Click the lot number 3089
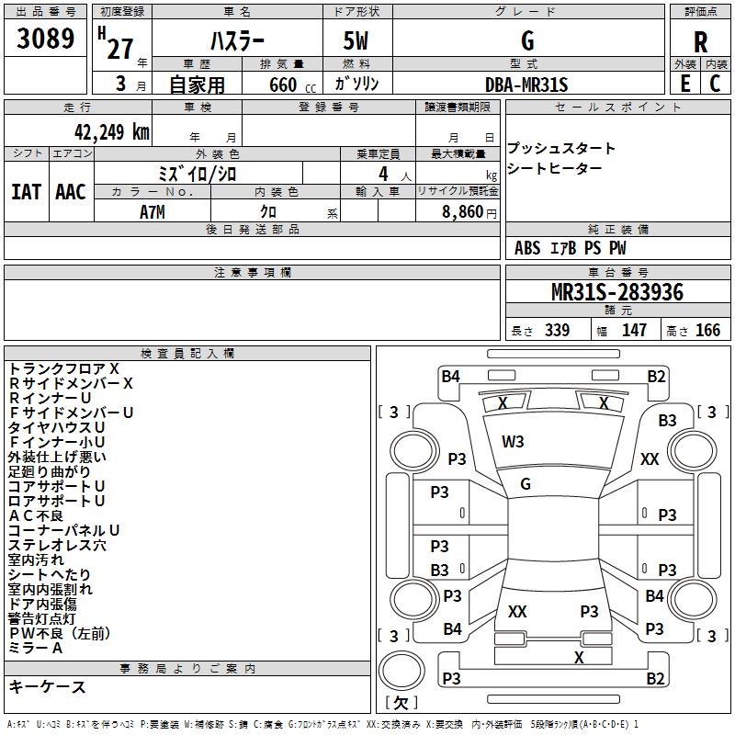click(46, 40)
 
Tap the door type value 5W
click(357, 41)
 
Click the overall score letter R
click(700, 42)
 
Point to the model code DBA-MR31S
click(526, 85)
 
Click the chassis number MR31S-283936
click(617, 292)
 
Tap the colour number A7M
click(153, 211)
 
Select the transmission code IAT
click(27, 192)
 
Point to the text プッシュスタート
click(561, 149)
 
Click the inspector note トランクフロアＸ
click(63, 368)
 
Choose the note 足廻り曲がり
click(50, 471)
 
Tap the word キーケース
click(47, 687)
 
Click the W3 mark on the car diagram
click(513, 442)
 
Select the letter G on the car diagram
click(526, 484)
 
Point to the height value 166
click(707, 331)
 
